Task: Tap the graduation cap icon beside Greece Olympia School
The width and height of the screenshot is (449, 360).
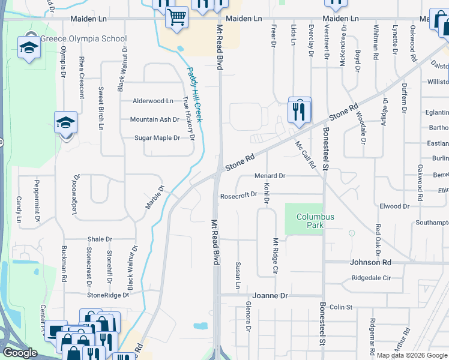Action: coord(28,47)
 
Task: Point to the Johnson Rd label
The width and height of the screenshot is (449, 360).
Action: coord(370,262)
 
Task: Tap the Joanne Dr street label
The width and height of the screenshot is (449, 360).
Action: coord(270,296)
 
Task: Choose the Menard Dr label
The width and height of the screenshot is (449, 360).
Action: coord(270,176)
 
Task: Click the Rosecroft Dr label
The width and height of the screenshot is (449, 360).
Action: coord(238,194)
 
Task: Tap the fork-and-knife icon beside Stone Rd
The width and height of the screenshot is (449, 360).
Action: coord(299,109)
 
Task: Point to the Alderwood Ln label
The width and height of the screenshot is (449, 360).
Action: coord(153,101)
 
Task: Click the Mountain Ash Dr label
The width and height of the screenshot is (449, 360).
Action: coord(155,119)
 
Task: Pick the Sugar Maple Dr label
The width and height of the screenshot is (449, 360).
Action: coord(157,138)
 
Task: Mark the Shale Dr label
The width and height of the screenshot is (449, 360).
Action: coord(100,239)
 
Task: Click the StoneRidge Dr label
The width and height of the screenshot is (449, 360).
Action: coord(108,295)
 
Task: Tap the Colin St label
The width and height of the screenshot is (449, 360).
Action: coord(340,307)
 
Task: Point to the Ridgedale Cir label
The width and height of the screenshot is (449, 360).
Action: coord(371,278)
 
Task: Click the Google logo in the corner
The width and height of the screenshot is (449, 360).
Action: coord(20,353)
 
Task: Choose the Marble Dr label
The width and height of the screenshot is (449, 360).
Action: coord(154,197)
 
